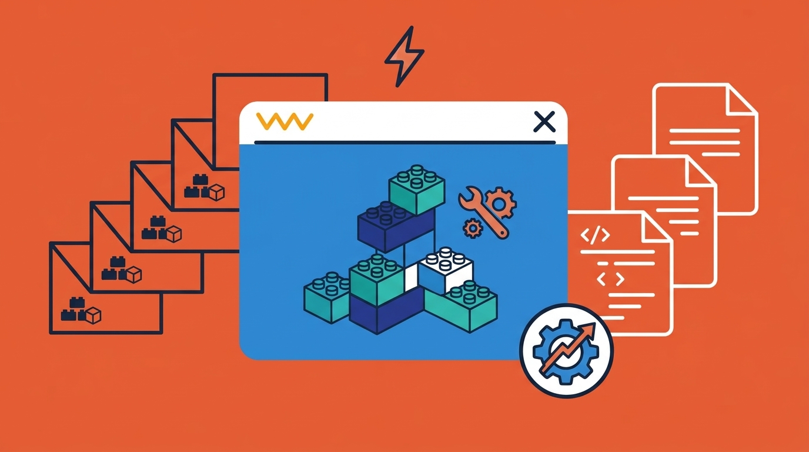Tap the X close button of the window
click(x=543, y=122)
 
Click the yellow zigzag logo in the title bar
click(x=285, y=121)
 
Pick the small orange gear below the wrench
click(x=472, y=228)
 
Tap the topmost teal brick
click(x=416, y=190)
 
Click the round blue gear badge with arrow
click(x=566, y=351)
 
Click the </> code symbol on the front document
click(x=595, y=236)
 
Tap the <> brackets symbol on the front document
click(x=609, y=278)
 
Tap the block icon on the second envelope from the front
click(x=122, y=271)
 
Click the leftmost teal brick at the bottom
click(x=326, y=297)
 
